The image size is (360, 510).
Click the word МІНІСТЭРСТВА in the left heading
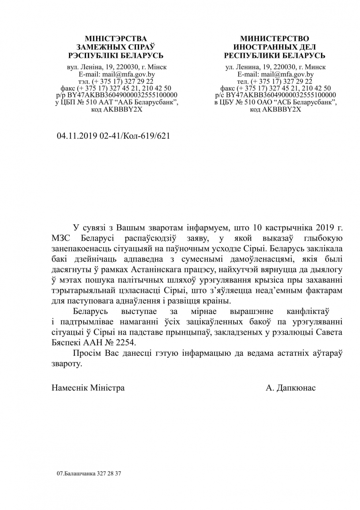116,39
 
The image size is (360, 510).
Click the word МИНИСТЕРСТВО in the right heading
274,39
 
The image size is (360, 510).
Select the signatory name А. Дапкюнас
291,388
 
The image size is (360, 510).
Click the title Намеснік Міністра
88,388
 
